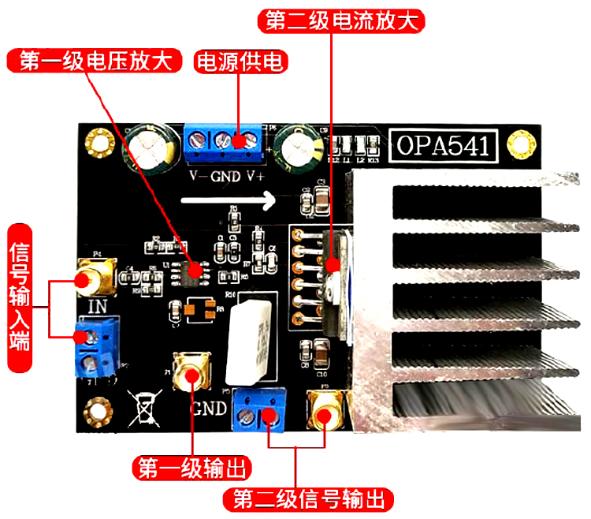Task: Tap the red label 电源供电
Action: (x=240, y=62)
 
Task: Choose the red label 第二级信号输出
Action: (x=308, y=499)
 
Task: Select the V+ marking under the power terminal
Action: (x=255, y=174)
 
